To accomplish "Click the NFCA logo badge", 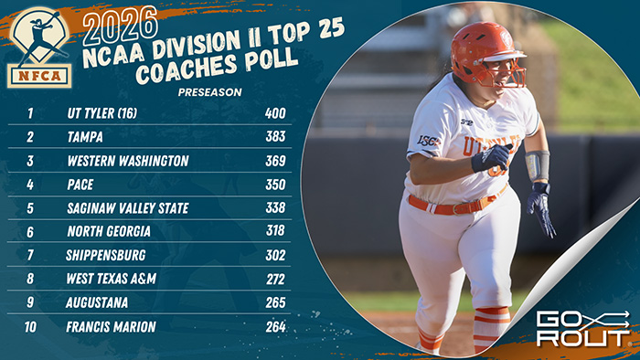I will pyautogui.click(x=39, y=47).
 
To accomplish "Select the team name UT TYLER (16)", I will pyautogui.click(x=104, y=114).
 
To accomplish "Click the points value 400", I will pyautogui.click(x=275, y=114).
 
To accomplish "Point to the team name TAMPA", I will pyautogui.click(x=84, y=137).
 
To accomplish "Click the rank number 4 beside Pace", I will pyautogui.click(x=30, y=185).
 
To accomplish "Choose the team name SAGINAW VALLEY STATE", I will pyautogui.click(x=128, y=208).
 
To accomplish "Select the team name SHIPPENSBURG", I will pyautogui.click(x=106, y=256).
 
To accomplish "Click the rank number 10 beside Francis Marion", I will pyautogui.click(x=30, y=326).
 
